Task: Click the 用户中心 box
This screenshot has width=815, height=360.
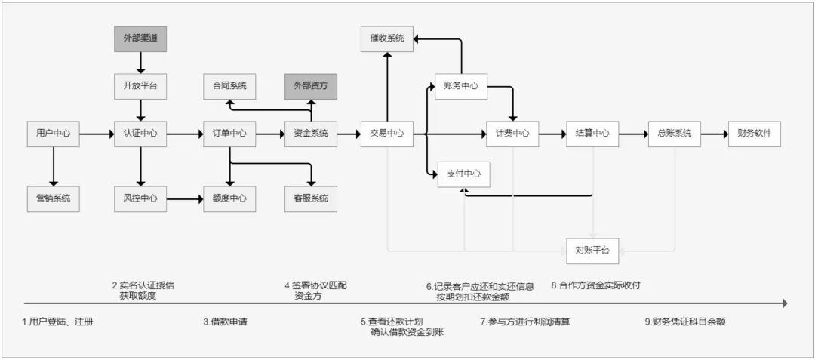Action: pos(53,134)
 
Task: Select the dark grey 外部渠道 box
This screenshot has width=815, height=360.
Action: pos(140,37)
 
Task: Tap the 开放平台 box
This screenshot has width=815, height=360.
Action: pos(140,86)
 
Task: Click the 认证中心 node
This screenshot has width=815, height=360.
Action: pos(140,134)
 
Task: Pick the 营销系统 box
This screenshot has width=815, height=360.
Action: pos(53,198)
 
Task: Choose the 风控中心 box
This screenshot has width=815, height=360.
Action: pos(140,198)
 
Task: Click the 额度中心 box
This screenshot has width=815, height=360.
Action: pos(229,198)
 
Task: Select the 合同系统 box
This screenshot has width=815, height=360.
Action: pos(229,86)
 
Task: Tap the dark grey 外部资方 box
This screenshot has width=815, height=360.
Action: pos(311,86)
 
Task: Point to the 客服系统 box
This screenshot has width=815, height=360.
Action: pos(311,198)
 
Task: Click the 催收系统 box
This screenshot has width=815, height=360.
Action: pos(386,38)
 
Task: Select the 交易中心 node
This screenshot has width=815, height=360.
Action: pos(386,134)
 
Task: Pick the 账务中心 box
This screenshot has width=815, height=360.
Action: pos(461,86)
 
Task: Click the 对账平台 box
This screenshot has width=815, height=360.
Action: pos(592,250)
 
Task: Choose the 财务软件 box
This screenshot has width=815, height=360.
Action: pos(754,134)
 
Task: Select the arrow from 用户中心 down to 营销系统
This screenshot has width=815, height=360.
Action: pos(53,166)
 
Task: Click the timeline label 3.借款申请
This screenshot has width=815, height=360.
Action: pos(225,322)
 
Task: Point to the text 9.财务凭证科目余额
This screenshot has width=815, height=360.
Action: pos(684,322)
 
